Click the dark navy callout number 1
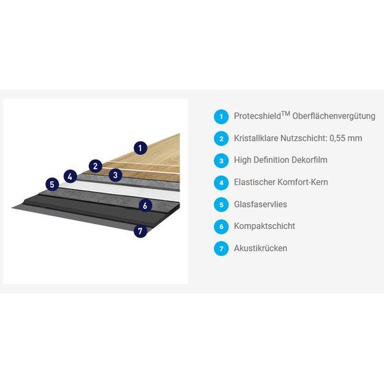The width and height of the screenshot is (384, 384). (141, 148)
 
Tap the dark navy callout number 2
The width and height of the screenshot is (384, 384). (95, 166)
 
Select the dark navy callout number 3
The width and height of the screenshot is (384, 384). (115, 175)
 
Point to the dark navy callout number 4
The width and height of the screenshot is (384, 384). (70, 176)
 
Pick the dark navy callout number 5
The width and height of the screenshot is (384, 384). (52, 184)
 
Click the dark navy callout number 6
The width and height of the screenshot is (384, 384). (145, 206)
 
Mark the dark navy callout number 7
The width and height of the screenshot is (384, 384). (141, 231)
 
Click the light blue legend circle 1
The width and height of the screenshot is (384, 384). (221, 117)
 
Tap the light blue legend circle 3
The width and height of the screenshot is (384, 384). (221, 160)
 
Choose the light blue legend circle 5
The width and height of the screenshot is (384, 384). (221, 204)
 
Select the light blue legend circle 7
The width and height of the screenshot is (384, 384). (221, 248)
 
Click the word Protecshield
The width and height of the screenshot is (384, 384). (257, 116)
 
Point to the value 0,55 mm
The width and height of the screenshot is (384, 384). (346, 138)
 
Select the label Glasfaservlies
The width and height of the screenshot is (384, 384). (261, 204)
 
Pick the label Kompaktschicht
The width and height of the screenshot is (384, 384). (265, 226)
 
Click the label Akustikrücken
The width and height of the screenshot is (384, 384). (261, 248)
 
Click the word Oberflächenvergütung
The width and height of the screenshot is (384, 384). (334, 117)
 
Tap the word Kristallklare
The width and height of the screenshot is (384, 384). (256, 138)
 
